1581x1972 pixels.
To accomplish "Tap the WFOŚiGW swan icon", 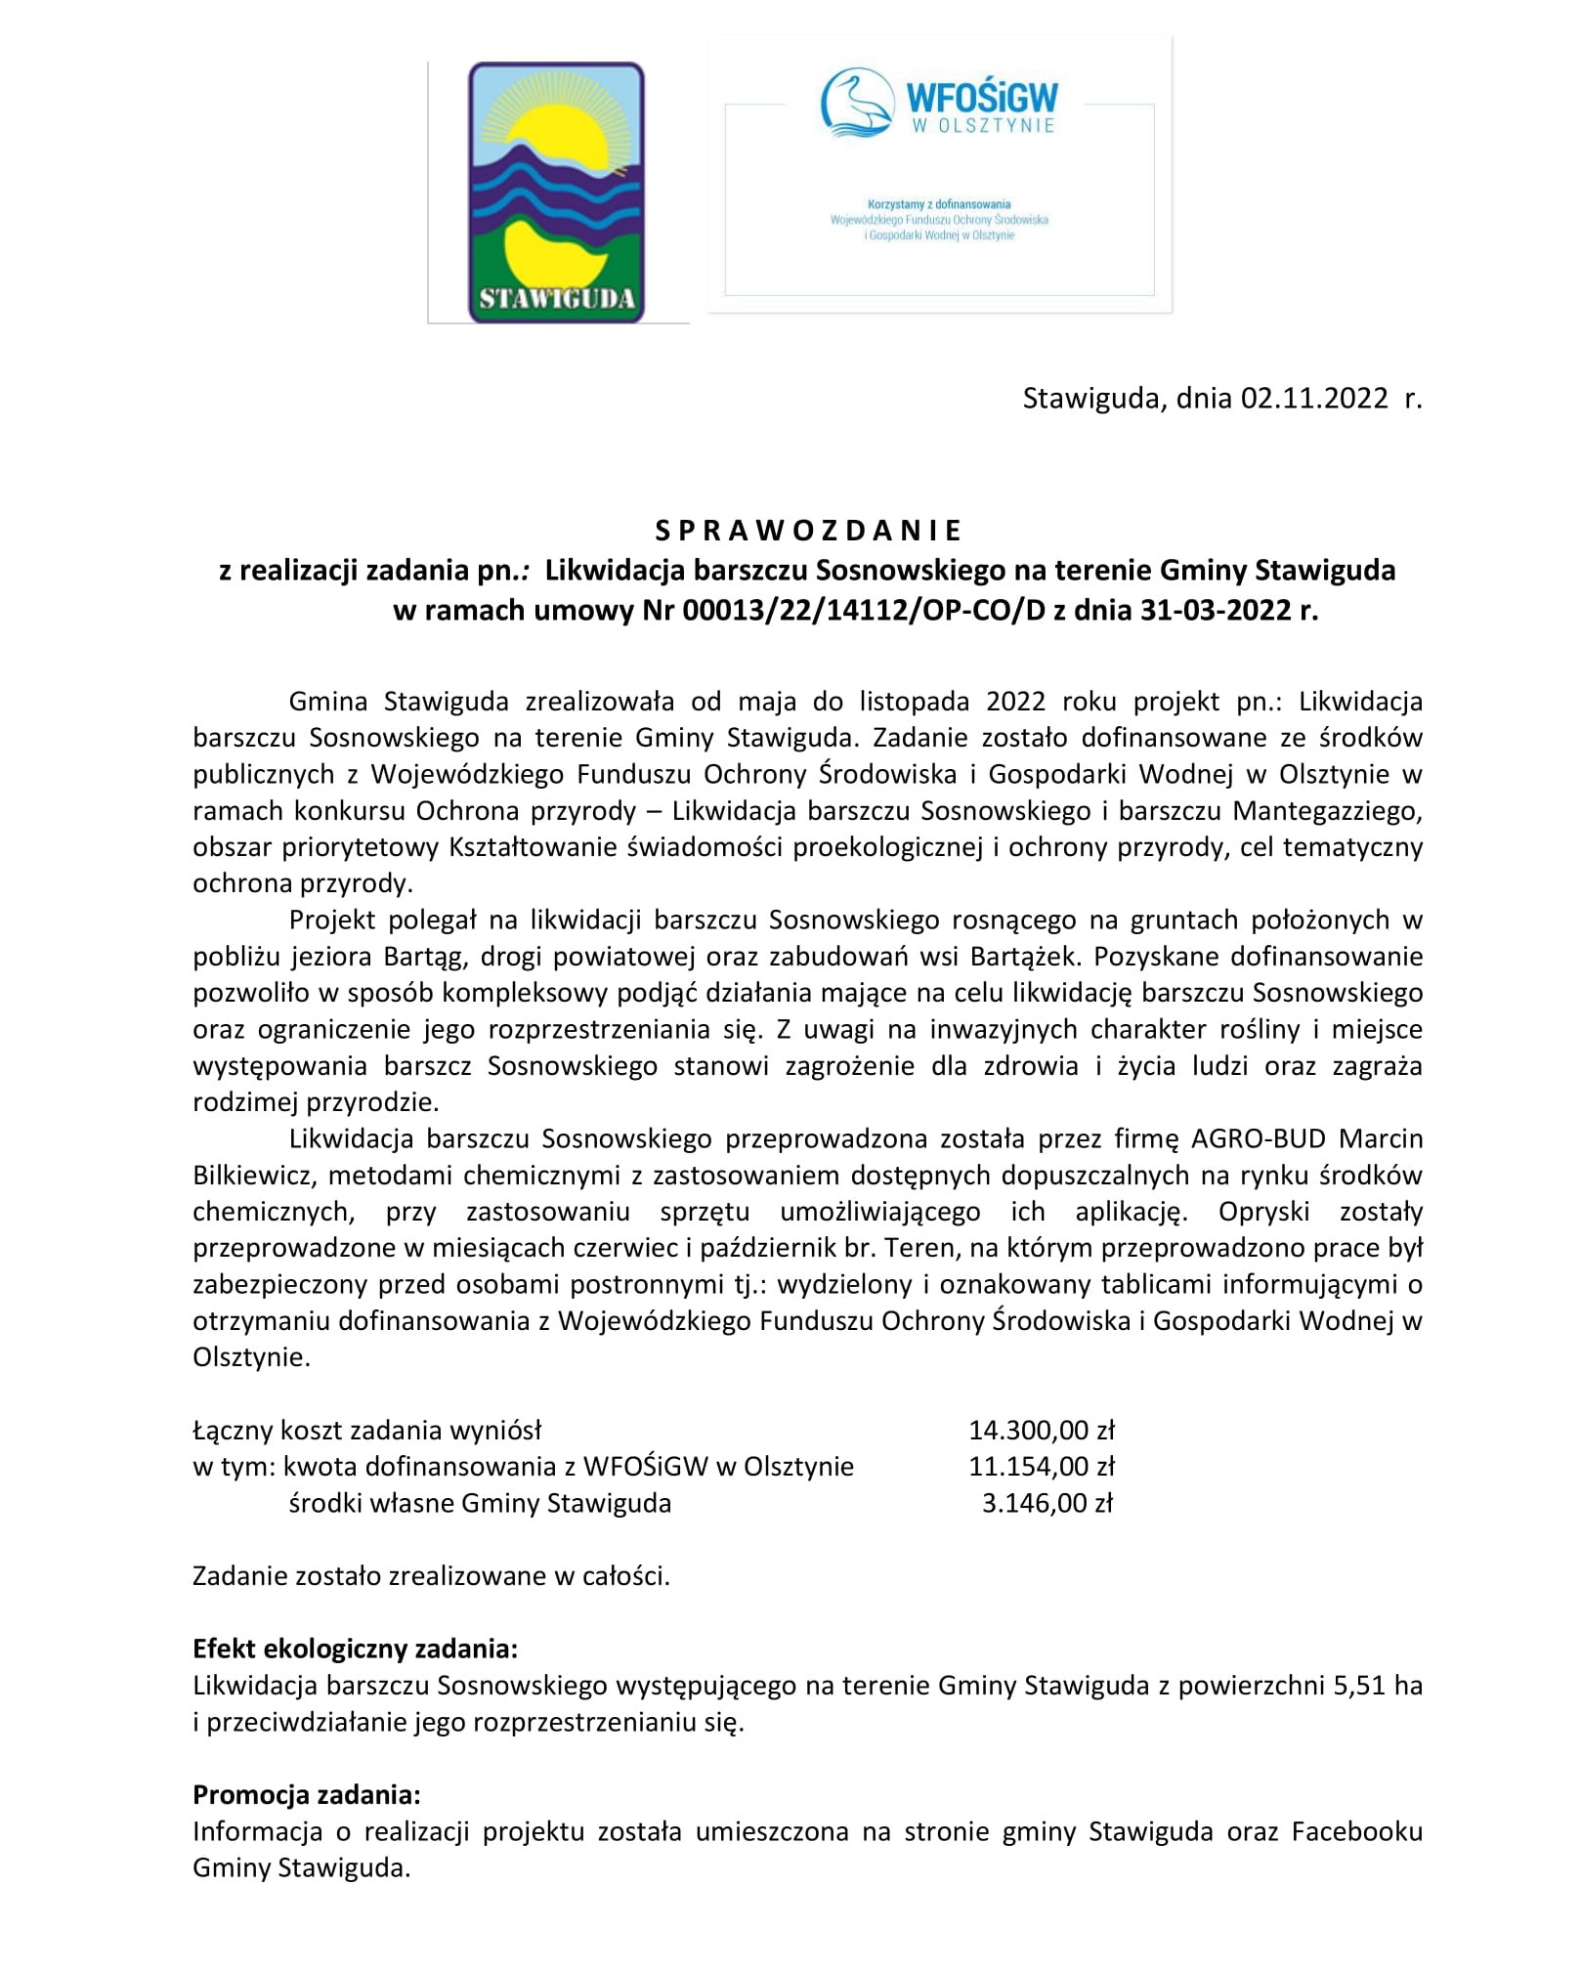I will tap(857, 101).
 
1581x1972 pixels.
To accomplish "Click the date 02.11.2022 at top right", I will tap(1314, 399).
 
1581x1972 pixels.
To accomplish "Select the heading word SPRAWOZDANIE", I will tap(808, 531).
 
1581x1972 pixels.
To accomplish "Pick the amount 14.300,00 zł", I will tap(1042, 1431).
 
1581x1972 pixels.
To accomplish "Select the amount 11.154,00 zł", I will tap(1042, 1467).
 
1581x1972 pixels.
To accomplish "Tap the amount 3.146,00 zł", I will tap(1047, 1503).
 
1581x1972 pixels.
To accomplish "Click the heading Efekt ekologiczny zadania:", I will tap(355, 1650).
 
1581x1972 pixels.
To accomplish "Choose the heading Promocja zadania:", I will tap(307, 1795).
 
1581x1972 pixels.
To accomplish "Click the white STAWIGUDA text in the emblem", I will tap(556, 298).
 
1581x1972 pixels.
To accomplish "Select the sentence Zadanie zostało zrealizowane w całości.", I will tap(431, 1576).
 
